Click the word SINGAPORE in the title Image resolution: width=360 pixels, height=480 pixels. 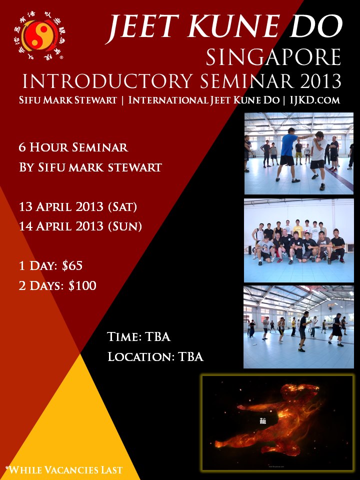[273, 57]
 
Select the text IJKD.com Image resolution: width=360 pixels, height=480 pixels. [315, 100]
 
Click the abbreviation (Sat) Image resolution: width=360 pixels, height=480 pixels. [119, 206]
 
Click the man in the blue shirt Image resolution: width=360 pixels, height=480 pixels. [287, 150]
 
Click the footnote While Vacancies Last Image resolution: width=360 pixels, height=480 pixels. [63, 469]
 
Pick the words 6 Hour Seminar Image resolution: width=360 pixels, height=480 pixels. [73, 147]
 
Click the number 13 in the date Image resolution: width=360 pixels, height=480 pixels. [26, 206]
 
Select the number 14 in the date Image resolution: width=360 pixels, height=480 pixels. [26, 226]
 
